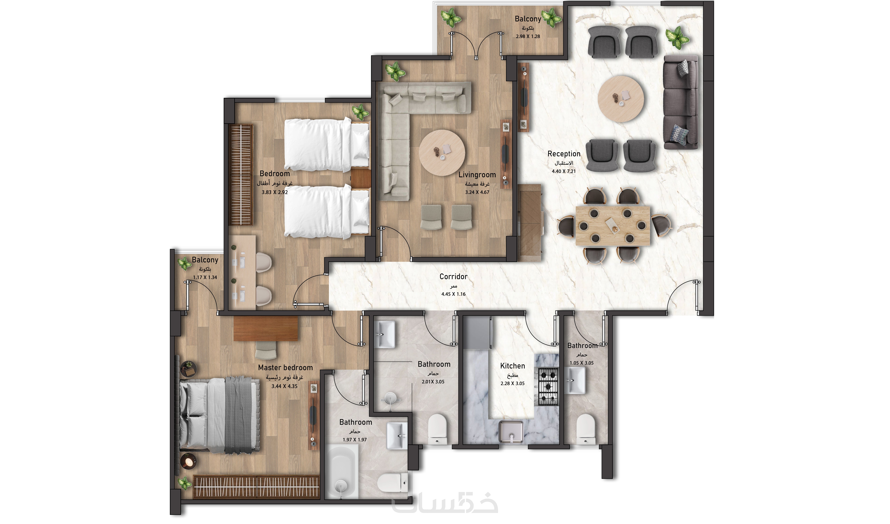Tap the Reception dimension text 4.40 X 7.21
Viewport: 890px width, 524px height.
point(564,171)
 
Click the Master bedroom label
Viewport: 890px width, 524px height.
point(285,368)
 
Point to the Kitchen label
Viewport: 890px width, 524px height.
point(512,366)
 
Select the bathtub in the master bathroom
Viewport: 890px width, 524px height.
point(341,471)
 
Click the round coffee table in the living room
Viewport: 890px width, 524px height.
point(442,153)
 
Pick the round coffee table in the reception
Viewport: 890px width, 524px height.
point(621,99)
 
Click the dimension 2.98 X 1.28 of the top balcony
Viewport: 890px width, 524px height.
point(528,36)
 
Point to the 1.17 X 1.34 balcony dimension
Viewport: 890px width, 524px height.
point(205,277)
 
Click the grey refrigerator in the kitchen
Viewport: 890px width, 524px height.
point(478,332)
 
